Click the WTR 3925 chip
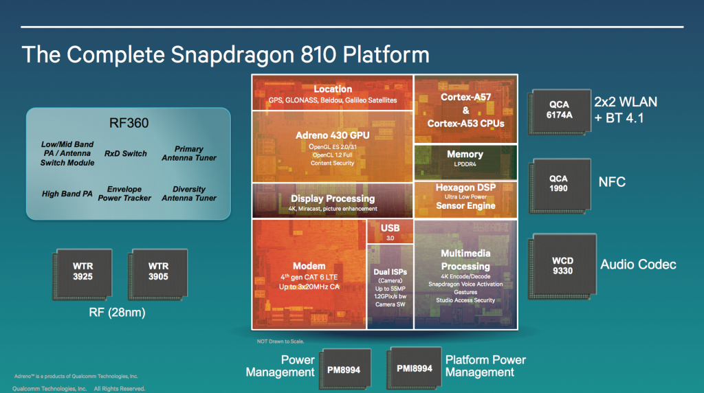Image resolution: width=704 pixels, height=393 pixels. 82,272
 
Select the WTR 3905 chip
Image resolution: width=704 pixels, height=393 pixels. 157,272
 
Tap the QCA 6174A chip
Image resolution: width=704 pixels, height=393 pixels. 558,111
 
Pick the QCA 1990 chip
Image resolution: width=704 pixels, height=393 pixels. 558,183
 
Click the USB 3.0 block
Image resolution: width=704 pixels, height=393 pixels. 390,232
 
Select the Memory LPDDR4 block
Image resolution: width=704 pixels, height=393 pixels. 465,159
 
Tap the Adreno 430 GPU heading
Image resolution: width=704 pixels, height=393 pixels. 333,135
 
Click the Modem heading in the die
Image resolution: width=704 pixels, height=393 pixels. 309,266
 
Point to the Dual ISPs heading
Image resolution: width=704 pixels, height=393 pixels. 390,272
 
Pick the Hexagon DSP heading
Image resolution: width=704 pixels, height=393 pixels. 465,187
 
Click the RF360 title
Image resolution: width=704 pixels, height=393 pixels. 129,124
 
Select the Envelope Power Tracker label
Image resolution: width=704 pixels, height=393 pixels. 124,193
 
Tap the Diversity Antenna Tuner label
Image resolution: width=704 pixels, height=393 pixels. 188,193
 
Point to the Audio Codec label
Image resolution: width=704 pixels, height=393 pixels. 638,265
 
